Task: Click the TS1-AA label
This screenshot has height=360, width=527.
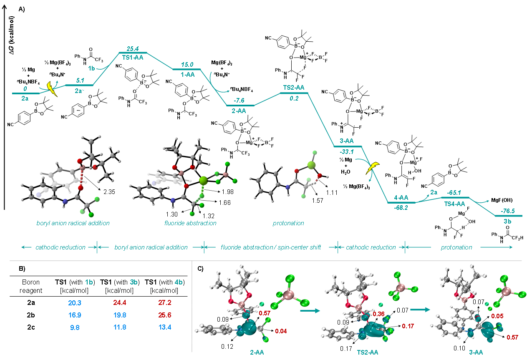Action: click(x=133, y=57)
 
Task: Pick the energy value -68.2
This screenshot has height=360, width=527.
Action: click(x=401, y=208)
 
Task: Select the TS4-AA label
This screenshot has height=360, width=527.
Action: click(x=454, y=204)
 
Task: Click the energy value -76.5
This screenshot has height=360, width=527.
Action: click(x=508, y=211)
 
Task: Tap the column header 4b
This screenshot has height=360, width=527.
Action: click(x=179, y=282)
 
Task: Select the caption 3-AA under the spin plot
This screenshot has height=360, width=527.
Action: click(x=476, y=352)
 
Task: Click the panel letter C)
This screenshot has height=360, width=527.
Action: click(x=201, y=268)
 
